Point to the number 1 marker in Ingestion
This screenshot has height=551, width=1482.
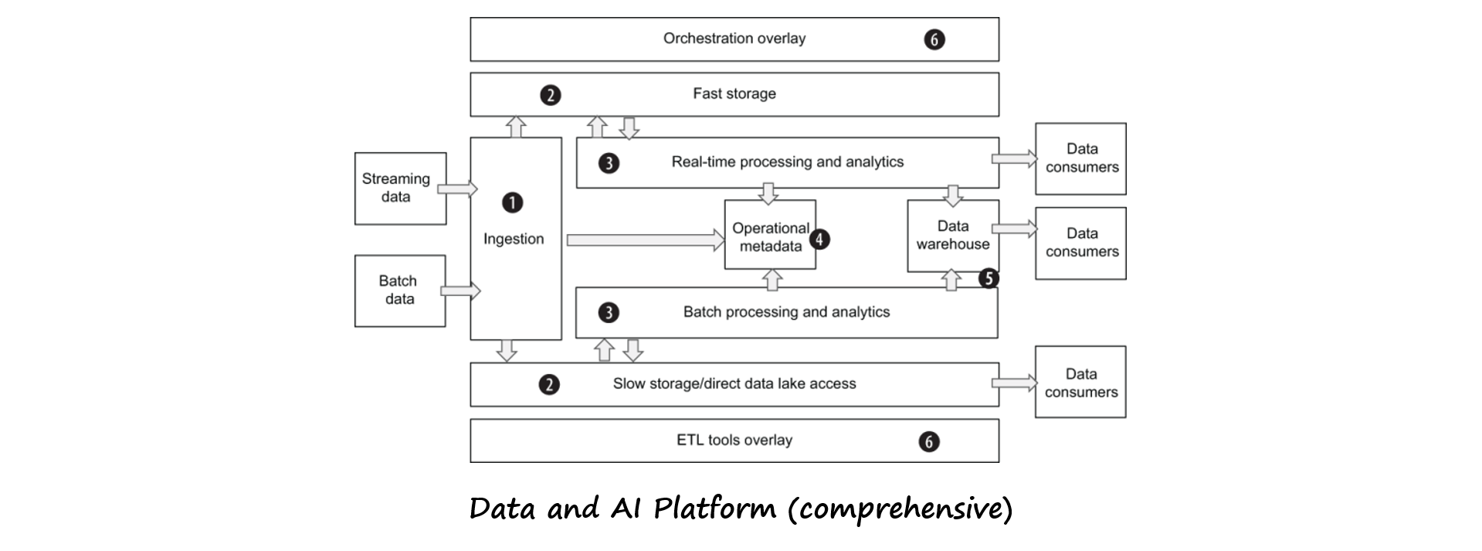(512, 202)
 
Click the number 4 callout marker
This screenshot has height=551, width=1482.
(819, 239)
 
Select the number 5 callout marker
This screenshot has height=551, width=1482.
(989, 278)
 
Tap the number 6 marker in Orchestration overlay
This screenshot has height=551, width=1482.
(934, 39)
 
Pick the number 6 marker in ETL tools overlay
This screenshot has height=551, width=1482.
(929, 441)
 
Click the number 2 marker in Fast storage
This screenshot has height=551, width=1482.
(550, 95)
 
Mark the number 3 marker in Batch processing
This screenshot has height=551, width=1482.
(609, 312)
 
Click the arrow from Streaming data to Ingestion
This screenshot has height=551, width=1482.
(458, 189)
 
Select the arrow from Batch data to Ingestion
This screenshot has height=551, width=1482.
(460, 291)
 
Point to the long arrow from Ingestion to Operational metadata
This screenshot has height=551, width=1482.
(646, 240)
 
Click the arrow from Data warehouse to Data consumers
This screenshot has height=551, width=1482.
(1015, 228)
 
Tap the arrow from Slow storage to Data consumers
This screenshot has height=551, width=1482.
(1015, 383)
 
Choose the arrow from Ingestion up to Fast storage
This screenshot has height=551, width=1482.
(516, 128)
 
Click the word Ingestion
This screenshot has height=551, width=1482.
(514, 239)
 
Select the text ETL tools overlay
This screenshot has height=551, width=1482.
(734, 440)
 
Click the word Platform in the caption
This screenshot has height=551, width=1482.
(714, 509)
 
